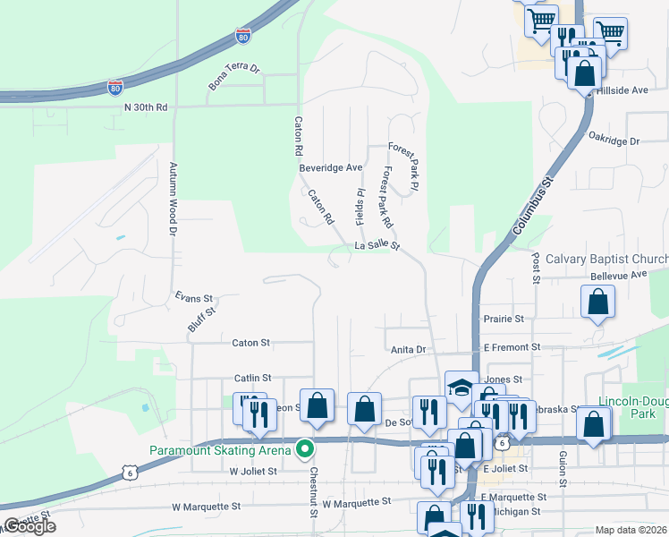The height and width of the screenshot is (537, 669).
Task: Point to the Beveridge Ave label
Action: click(x=330, y=167)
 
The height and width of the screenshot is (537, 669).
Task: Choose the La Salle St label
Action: click(x=377, y=245)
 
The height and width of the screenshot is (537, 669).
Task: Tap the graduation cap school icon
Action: click(x=462, y=388)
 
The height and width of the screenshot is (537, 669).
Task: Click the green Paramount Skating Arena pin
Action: click(x=304, y=449)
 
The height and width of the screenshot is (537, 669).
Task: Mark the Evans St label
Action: click(x=193, y=298)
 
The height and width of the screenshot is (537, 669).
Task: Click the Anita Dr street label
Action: click(x=407, y=349)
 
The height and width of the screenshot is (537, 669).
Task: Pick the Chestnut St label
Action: click(x=313, y=491)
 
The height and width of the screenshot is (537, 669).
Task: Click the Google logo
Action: click(x=29, y=526)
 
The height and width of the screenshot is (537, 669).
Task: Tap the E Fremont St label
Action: click(x=512, y=346)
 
